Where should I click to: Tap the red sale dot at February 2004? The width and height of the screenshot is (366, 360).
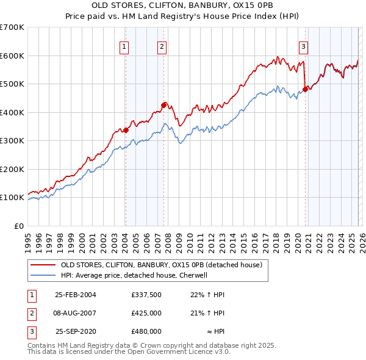pos(126,130)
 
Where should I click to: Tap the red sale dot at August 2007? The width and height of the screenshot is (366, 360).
pos(163,105)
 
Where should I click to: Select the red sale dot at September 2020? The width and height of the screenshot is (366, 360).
pos(305,89)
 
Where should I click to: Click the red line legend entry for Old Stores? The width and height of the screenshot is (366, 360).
pos(161,265)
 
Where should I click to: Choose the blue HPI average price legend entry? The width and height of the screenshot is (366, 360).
pos(134,275)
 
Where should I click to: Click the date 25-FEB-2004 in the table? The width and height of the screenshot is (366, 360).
pos(76,294)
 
